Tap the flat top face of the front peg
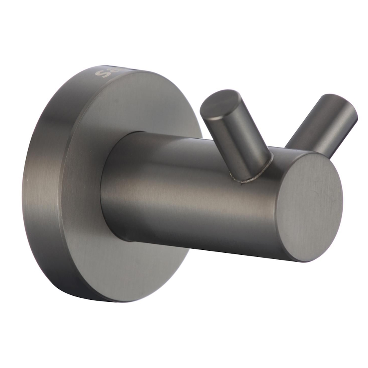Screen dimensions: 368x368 [221, 104]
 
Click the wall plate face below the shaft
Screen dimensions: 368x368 [135, 266]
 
